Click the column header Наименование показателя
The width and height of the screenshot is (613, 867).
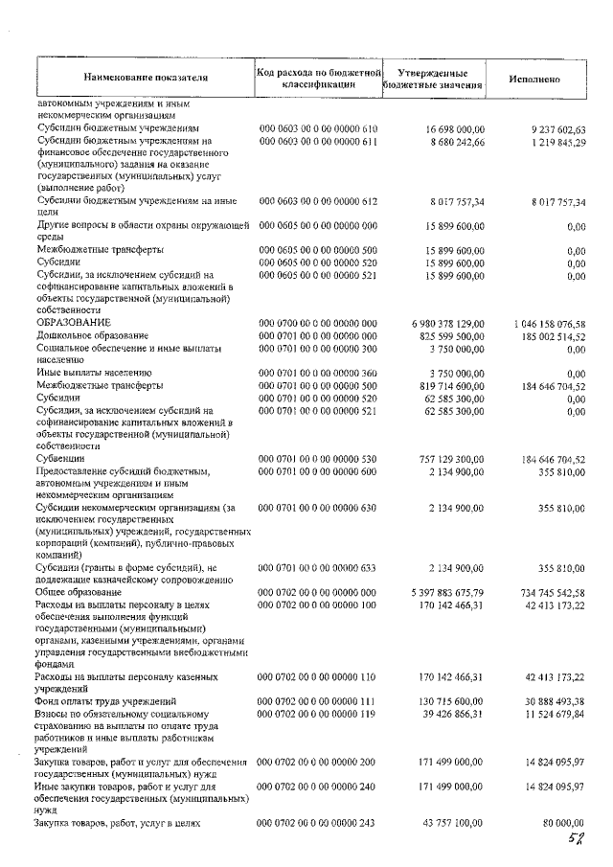point(145,76)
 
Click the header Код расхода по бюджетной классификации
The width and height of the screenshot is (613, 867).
point(319,77)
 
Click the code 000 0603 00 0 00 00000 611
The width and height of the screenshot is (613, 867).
point(319,142)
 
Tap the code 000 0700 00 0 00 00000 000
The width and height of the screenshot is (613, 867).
point(319,323)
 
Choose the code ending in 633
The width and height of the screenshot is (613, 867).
point(319,569)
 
